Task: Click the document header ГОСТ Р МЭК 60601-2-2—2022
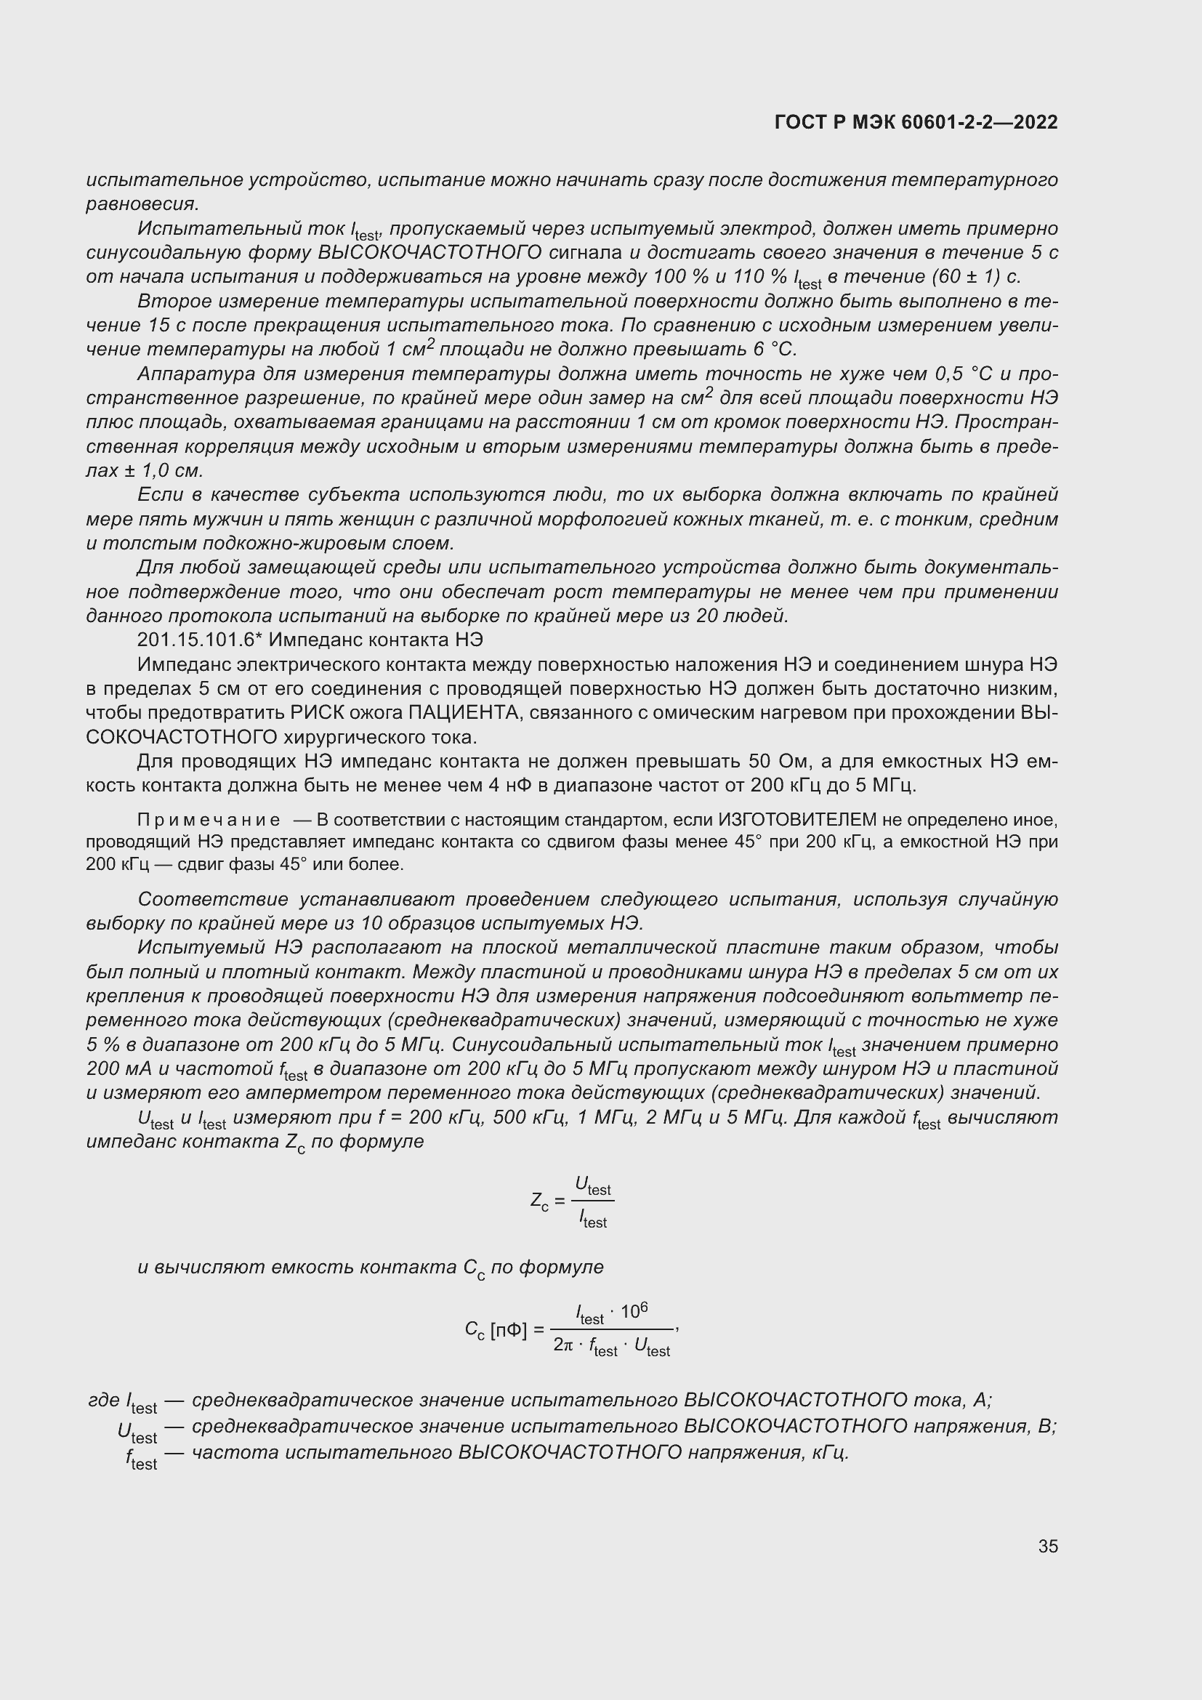[916, 122]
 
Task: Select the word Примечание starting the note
[209, 820]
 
